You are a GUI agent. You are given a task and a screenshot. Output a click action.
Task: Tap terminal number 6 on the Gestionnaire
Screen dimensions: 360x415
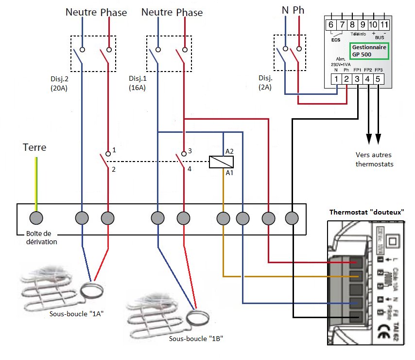331,25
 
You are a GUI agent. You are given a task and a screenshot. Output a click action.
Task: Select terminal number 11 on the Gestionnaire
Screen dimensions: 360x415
384,25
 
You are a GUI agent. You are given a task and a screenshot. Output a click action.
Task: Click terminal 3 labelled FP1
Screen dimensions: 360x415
357,79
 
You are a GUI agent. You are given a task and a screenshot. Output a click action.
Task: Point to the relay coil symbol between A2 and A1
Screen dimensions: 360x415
221,162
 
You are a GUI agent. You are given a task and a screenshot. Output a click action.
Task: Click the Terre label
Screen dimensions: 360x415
35,147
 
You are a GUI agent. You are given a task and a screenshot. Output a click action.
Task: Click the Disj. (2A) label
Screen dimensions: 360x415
265,83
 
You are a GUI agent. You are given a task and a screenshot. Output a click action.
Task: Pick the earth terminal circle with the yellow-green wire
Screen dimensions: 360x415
36,218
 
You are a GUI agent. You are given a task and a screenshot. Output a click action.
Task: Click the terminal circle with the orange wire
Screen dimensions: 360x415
223,218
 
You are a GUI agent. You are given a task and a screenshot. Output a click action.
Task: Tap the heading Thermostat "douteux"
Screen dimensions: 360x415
367,212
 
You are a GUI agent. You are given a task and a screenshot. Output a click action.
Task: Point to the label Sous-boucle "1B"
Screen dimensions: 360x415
196,338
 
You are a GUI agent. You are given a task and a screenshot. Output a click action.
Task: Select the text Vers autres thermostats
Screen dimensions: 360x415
374,159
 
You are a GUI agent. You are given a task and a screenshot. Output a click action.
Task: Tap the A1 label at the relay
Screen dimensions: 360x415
229,173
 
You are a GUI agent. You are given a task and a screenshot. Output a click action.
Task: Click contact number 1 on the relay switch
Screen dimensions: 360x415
114,151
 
